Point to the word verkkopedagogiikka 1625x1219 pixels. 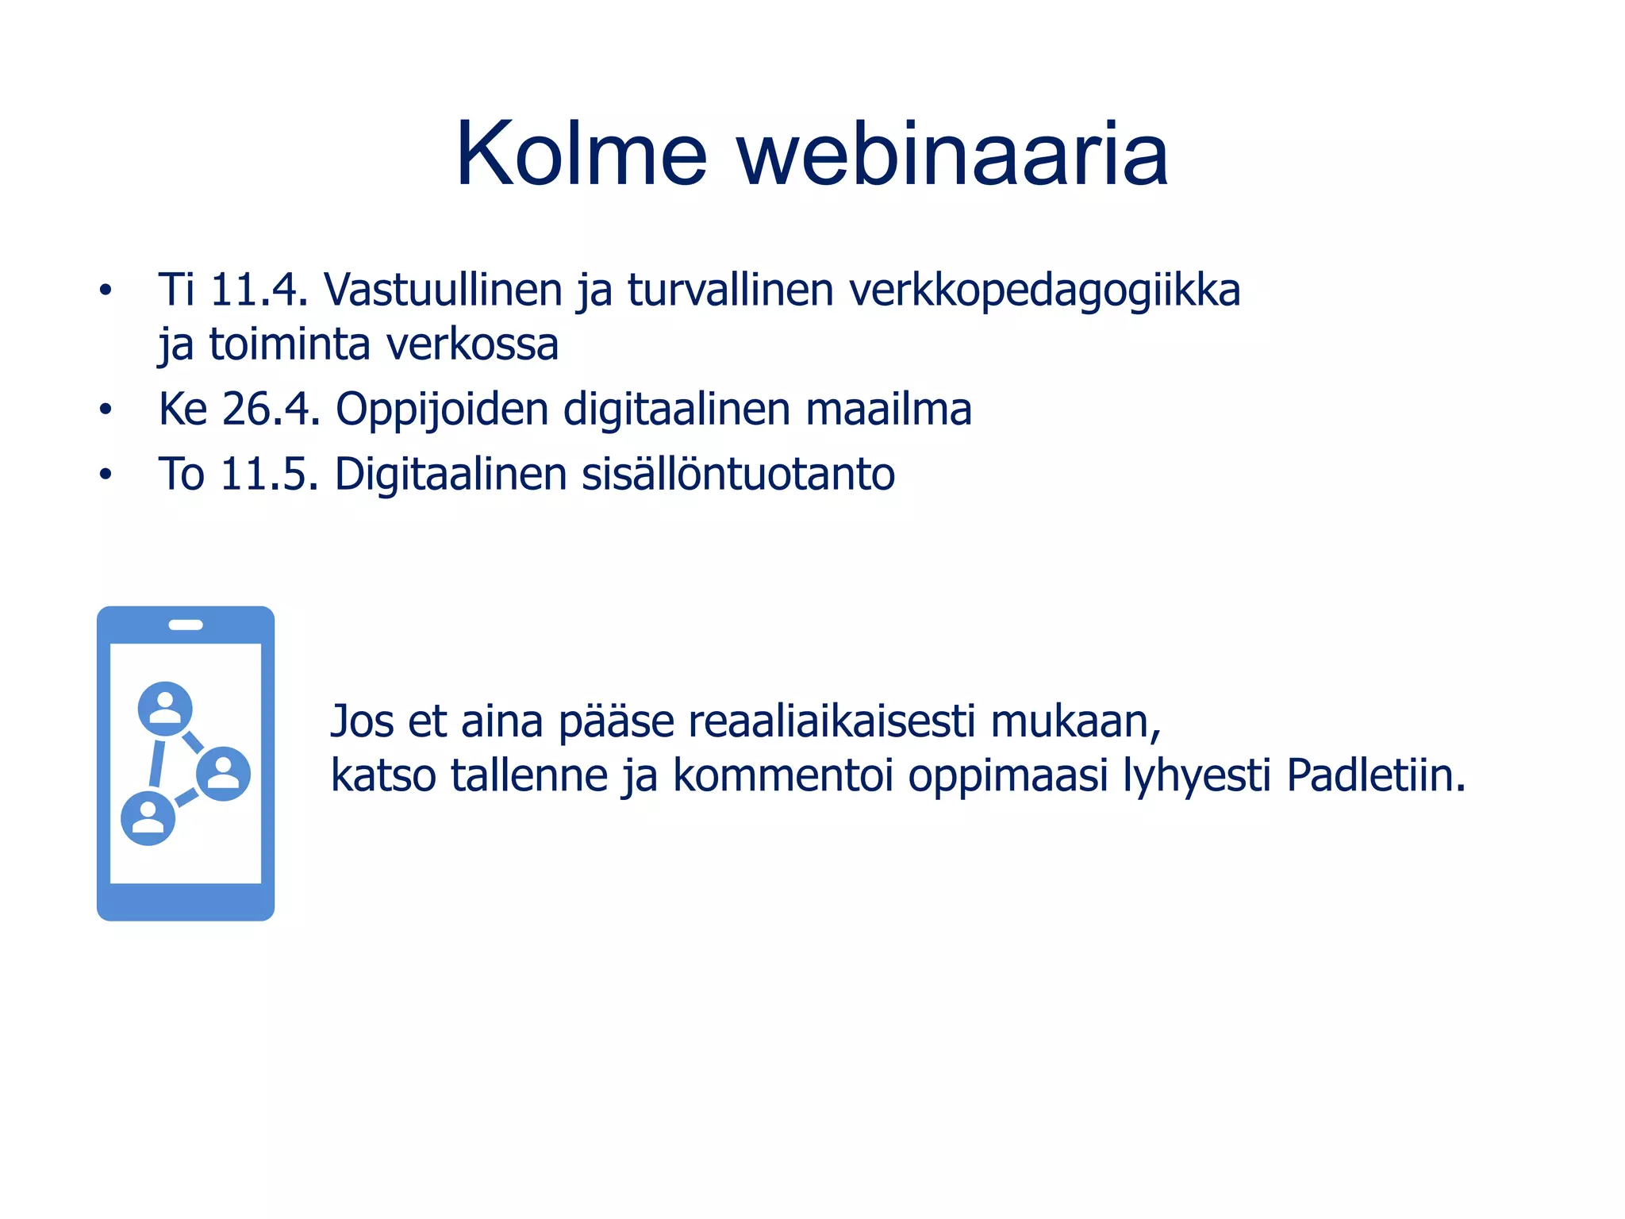pos(1044,291)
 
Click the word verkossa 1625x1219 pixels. pos(472,345)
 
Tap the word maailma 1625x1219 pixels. pos(888,410)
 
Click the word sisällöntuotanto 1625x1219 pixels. pos(738,475)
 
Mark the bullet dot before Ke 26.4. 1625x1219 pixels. pos(106,410)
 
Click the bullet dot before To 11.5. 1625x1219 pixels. pos(106,475)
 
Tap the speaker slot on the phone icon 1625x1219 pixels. pos(186,625)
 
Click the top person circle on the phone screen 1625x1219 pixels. pos(165,708)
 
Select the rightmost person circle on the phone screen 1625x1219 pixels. pos(223,773)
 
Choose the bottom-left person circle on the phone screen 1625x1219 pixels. pos(148,817)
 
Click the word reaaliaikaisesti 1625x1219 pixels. pos(832,722)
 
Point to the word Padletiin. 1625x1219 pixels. pos(1375,775)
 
